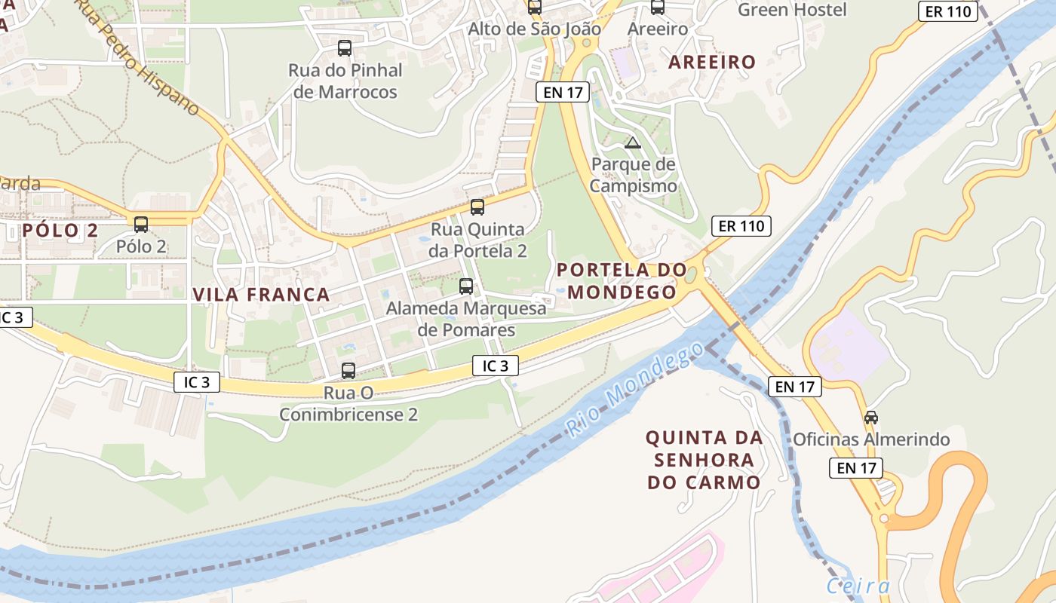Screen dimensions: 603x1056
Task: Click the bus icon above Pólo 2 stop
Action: (141, 224)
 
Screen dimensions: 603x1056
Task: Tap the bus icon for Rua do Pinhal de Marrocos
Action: (345, 48)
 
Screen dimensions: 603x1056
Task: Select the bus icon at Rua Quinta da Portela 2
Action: (477, 207)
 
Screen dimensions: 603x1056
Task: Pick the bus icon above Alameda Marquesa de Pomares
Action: (466, 286)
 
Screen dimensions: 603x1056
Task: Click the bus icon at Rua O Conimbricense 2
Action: (348, 371)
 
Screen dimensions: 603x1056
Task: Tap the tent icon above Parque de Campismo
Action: (633, 142)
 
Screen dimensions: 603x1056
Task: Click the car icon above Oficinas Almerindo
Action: (871, 417)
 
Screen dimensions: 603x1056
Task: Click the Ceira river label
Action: (858, 586)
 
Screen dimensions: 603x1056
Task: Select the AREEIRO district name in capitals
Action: (712, 62)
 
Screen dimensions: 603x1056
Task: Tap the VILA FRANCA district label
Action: (261, 295)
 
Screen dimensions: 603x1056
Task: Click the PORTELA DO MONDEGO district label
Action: (622, 280)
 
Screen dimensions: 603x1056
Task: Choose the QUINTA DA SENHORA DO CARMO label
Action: (704, 460)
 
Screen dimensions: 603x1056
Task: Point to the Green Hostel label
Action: (792, 10)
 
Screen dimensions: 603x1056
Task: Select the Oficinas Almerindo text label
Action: (870, 439)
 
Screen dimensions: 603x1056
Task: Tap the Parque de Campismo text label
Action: (633, 175)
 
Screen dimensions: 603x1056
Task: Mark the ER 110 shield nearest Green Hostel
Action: (948, 11)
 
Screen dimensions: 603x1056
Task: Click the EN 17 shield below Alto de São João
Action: (563, 92)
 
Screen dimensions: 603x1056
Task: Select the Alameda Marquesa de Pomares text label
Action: (466, 319)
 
